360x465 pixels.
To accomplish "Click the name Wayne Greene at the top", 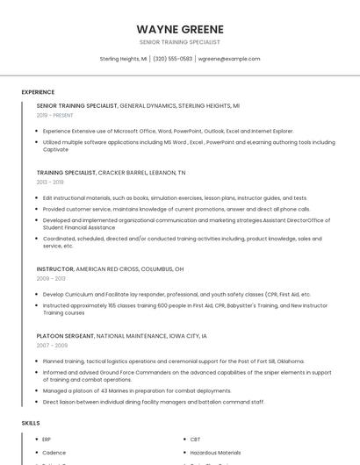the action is (180, 29).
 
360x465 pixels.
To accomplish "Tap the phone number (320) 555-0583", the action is (172, 59).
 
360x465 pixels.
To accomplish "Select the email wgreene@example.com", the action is (228, 59).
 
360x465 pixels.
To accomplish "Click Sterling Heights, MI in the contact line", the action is (123, 59).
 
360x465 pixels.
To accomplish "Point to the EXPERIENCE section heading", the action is (38, 92).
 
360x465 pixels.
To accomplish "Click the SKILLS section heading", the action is (31, 423).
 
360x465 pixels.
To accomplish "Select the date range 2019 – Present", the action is (54, 115).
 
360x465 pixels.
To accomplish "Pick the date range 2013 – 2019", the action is (50, 182).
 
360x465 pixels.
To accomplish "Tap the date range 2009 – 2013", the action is (50, 278).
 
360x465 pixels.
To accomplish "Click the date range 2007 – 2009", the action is (50, 345).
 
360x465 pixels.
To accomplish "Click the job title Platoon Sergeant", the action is (65, 335).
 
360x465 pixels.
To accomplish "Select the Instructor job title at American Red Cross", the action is (54, 268).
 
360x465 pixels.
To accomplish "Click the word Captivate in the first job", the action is (56, 148).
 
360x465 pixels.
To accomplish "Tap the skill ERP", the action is (47, 439).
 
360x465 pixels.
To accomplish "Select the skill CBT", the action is (195, 439).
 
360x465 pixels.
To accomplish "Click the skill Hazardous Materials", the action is (216, 453).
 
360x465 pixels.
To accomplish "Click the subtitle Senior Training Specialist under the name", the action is (180, 42).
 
